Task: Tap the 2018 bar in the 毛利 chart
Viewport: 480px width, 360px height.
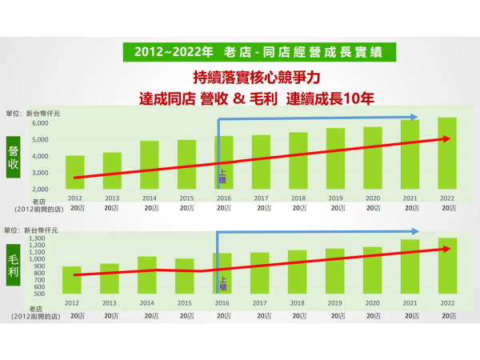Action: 298,272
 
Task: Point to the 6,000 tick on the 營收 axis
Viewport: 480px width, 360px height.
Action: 40,123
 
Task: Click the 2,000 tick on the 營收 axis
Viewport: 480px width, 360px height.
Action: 40,189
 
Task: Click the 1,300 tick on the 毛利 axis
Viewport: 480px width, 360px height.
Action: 38,238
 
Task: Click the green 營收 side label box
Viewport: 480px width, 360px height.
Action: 14,157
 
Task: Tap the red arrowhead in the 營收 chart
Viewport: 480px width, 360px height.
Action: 448,138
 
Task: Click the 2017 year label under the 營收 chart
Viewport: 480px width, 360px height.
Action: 261,198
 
